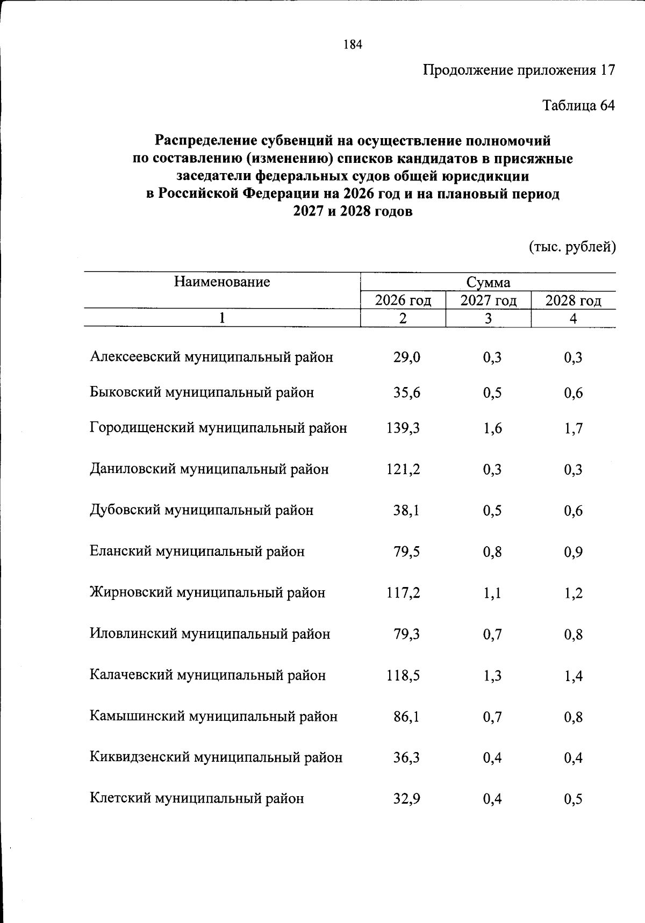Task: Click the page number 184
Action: click(x=353, y=45)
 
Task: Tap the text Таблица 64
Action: click(x=578, y=105)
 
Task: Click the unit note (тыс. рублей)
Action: click(x=572, y=247)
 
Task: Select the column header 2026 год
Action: click(x=403, y=300)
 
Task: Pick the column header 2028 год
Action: click(x=573, y=300)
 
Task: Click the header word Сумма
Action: click(x=488, y=283)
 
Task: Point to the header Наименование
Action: click(x=221, y=282)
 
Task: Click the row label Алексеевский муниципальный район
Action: click(x=211, y=357)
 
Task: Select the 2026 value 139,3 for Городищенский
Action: click(x=403, y=428)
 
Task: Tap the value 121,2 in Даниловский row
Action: click(x=403, y=469)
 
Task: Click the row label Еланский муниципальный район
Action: click(x=197, y=552)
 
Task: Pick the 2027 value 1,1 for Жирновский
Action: click(x=492, y=593)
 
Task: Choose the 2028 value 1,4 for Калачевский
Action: click(x=574, y=676)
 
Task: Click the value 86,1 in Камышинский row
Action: click(x=406, y=717)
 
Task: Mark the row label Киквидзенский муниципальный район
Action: click(x=216, y=757)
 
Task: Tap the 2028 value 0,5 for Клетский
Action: click(x=574, y=799)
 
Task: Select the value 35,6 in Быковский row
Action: click(x=406, y=393)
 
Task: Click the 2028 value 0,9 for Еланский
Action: click(x=574, y=552)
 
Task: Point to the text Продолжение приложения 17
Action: click(x=519, y=70)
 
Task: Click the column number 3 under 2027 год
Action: click(x=488, y=318)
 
